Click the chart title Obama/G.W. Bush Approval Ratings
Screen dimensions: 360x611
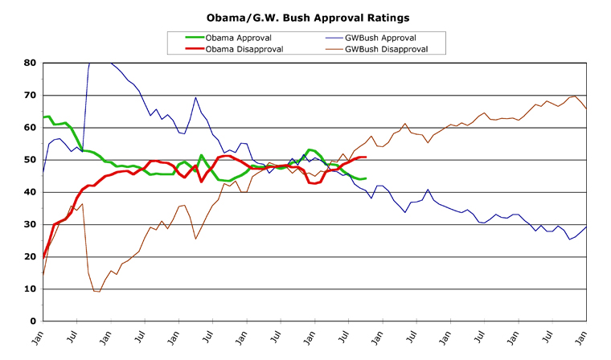[305, 17]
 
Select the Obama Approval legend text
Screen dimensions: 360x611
[239, 38]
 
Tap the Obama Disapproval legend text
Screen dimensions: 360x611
[244, 49]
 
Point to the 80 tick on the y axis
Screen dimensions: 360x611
[29, 63]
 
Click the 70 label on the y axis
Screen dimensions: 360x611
[29, 95]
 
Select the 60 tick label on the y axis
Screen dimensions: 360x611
[29, 127]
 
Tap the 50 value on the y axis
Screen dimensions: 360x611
[29, 159]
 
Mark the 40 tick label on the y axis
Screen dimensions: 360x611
[29, 192]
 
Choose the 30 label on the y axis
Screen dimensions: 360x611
[29, 224]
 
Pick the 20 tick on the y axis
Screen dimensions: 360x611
[29, 256]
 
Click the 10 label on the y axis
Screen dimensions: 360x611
[29, 288]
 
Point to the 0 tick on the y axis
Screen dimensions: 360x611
[32, 321]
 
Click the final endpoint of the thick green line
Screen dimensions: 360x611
[366, 178]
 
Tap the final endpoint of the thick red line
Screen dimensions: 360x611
[366, 157]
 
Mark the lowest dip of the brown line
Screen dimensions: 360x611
[97, 291]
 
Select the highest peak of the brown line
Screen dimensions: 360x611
[574, 96]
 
